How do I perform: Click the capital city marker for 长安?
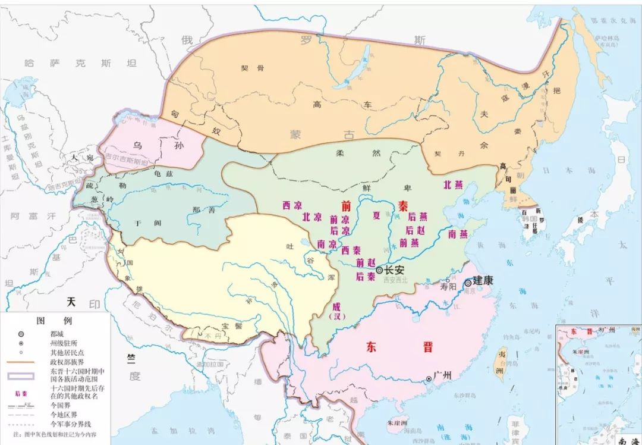[379, 269]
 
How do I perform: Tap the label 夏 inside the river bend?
[376, 215]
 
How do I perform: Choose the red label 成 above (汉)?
[337, 305]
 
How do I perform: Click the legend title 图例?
[54, 320]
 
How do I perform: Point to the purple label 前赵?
[365, 262]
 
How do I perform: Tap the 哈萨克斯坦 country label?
[80, 62]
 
